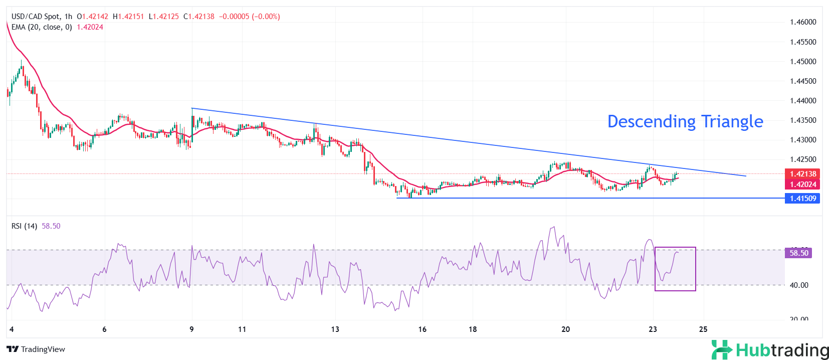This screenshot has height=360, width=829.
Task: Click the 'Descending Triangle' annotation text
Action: tap(685, 121)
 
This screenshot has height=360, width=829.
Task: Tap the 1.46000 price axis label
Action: tap(803, 22)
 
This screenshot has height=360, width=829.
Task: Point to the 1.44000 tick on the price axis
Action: tap(803, 101)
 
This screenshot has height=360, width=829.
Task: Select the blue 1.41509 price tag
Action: tap(803, 199)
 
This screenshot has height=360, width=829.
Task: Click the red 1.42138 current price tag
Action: tap(803, 174)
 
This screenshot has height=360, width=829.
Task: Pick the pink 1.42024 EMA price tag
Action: tap(803, 185)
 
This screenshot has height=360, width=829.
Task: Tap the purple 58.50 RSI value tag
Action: tap(798, 253)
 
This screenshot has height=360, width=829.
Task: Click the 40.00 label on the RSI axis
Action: tap(799, 285)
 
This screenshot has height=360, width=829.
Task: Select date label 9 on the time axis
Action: tap(191, 329)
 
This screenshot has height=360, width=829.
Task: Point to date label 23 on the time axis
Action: tap(653, 329)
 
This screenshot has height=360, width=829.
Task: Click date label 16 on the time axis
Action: tap(423, 329)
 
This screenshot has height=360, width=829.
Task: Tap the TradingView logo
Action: tap(36, 349)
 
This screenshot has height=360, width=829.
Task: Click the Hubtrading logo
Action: tap(770, 349)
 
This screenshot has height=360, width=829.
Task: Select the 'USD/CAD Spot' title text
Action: tap(36, 17)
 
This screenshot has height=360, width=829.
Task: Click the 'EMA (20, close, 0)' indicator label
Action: tap(42, 27)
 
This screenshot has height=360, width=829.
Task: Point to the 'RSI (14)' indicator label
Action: tap(24, 226)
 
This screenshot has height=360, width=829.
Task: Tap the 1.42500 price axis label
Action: tap(803, 159)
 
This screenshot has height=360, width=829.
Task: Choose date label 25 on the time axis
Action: tap(703, 329)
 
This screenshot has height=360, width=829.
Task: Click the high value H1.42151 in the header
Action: tap(128, 17)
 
